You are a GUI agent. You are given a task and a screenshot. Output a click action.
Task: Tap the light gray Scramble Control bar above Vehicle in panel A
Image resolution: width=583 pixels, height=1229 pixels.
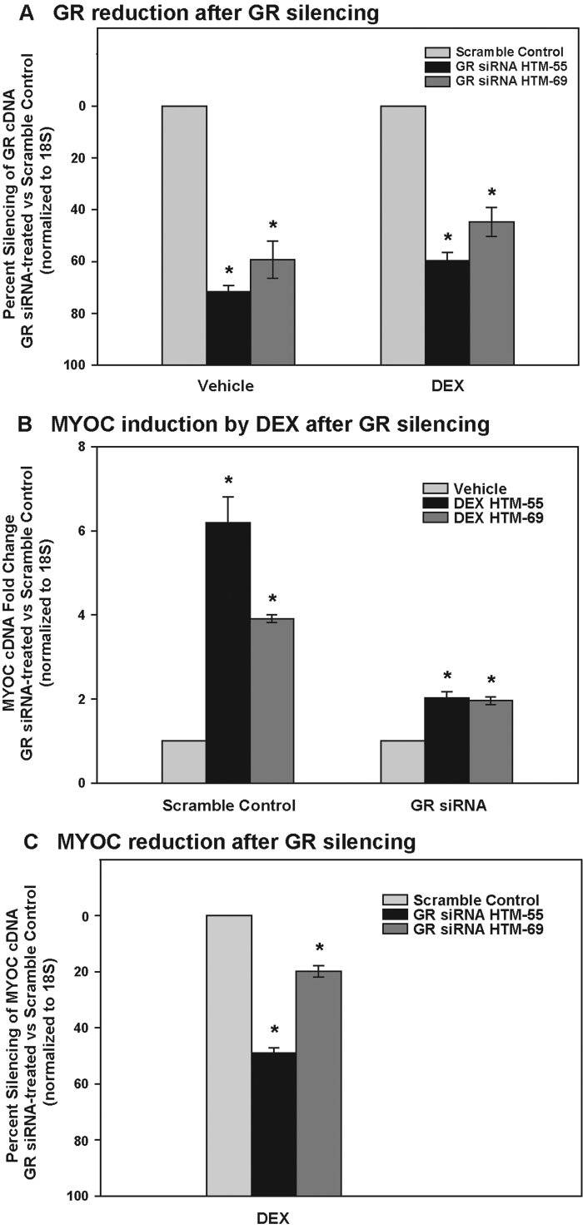tap(184, 235)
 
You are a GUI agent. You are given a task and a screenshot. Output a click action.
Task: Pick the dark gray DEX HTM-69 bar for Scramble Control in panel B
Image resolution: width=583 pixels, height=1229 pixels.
tap(272, 700)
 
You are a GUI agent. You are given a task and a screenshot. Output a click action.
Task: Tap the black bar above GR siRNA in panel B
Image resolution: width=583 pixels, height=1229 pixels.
tap(447, 740)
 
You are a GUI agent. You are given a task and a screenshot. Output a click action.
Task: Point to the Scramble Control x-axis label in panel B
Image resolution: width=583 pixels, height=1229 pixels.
tap(228, 805)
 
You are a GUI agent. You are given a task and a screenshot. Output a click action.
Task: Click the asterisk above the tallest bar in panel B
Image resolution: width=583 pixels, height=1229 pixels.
tap(228, 481)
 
